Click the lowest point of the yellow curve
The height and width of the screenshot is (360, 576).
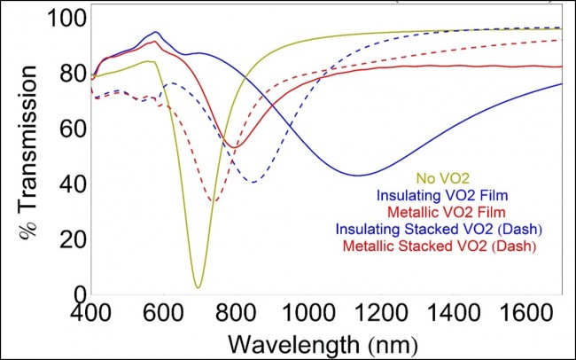(x=198, y=286)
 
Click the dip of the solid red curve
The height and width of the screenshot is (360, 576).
(x=232, y=146)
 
